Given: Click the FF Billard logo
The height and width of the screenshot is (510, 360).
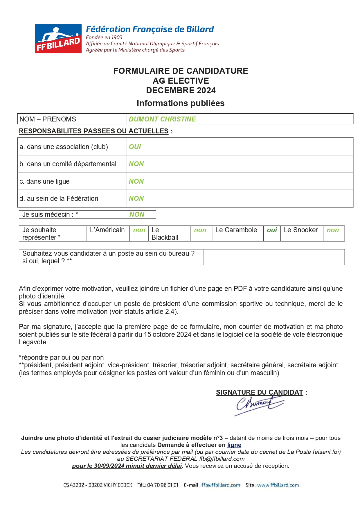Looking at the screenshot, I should pyautogui.click(x=58, y=39).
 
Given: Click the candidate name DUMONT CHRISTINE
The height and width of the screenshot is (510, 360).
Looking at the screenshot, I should pyautogui.click(x=162, y=119).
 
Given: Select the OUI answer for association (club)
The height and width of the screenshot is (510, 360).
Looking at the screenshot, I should pyautogui.click(x=135, y=147).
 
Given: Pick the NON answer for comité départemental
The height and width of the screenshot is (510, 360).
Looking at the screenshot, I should pyautogui.click(x=136, y=164).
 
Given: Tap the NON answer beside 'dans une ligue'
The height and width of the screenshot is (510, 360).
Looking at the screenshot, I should pyautogui.click(x=136, y=181).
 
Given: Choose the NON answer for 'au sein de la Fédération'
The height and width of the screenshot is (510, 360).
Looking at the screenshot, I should pyautogui.click(x=136, y=198).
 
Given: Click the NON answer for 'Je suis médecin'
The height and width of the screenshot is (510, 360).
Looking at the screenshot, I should pyautogui.click(x=137, y=214).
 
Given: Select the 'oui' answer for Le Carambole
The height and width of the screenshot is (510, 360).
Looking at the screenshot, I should pyautogui.click(x=272, y=230).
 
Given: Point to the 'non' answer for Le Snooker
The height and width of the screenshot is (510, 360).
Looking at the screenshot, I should pyautogui.click(x=333, y=230).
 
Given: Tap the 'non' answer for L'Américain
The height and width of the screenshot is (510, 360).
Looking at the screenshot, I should pyautogui.click(x=139, y=230).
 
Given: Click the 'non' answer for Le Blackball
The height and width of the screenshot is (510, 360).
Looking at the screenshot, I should pyautogui.click(x=200, y=230).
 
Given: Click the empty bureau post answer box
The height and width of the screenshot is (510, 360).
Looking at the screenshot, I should pyautogui.click(x=273, y=257).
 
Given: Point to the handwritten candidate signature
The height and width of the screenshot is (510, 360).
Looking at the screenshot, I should pyautogui.click(x=258, y=405).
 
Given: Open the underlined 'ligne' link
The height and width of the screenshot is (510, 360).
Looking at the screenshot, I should pyautogui.click(x=234, y=445).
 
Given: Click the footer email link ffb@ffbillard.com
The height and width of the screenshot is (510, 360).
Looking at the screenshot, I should pyautogui.click(x=221, y=485).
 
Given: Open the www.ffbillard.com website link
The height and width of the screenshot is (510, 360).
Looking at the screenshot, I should pyautogui.click(x=278, y=485).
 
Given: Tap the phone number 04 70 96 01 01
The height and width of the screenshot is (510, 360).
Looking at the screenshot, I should pyautogui.click(x=163, y=485).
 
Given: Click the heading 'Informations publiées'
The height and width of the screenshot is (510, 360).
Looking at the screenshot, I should pyautogui.click(x=181, y=103).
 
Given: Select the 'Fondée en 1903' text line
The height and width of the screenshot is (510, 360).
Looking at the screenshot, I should pyautogui.click(x=104, y=37).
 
